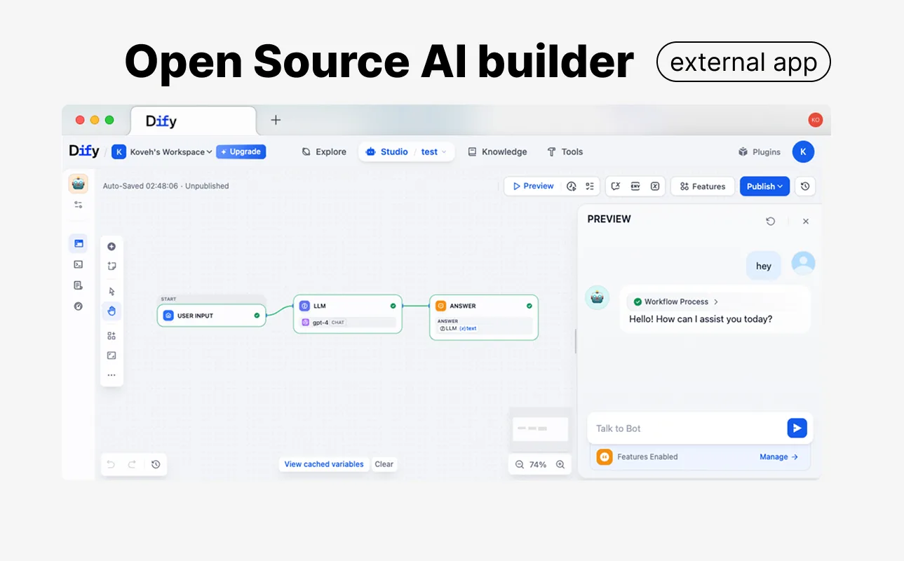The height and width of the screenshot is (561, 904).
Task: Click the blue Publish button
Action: coord(764,186)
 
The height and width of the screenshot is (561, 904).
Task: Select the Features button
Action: coord(703,186)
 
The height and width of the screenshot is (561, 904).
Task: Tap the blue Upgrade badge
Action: coord(241,151)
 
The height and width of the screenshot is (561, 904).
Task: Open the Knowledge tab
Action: coord(497,151)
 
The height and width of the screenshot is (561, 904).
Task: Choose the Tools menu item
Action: coord(565,151)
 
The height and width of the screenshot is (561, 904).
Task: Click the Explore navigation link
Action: coord(324,151)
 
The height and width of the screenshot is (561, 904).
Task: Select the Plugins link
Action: coord(759,151)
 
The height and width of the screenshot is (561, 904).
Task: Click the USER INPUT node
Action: coord(212,315)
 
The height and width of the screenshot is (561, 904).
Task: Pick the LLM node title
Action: coord(320,306)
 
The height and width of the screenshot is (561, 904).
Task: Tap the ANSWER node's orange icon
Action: coord(440,306)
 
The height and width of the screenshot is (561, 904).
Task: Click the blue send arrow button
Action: coord(797,428)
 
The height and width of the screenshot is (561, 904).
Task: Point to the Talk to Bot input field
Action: coord(687,428)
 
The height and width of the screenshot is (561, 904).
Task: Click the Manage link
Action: coord(778,457)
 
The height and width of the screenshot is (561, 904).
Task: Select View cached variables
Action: coord(324,464)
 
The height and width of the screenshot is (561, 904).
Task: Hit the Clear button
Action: coord(384,464)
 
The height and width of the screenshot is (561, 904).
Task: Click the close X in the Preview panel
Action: coord(806,221)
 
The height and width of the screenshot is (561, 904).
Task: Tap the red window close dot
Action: coord(80,120)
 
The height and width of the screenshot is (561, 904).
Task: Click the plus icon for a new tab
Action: coord(276,120)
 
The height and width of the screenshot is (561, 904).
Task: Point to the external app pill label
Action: coord(743,62)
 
